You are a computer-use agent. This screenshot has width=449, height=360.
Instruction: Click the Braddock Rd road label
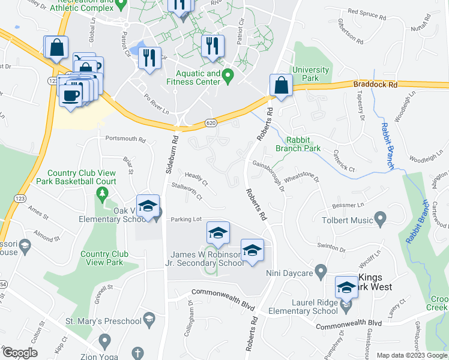[x=375, y=85]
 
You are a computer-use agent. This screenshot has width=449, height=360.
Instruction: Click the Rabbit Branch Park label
[x=298, y=144]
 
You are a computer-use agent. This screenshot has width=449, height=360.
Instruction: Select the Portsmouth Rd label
[x=125, y=139]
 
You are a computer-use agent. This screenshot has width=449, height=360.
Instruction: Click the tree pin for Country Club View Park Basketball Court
[x=102, y=194]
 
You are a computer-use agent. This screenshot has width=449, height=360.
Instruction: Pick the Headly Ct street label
[x=196, y=179]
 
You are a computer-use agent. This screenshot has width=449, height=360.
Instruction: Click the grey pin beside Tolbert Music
[x=379, y=216]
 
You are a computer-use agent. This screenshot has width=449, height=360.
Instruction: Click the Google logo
[x=20, y=353]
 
